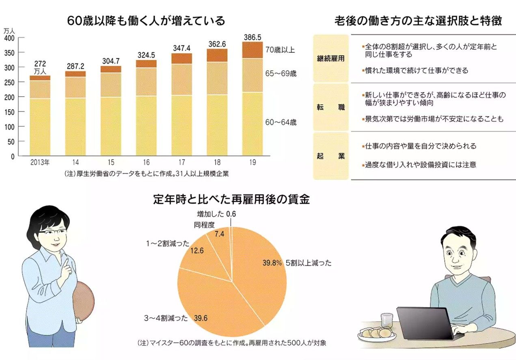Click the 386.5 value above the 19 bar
tap(252, 37)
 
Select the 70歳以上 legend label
tap(280, 50)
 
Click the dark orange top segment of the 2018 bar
tap(217, 55)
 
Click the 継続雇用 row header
tap(330, 58)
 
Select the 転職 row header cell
tap(330, 108)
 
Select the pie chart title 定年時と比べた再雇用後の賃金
tap(231, 199)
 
